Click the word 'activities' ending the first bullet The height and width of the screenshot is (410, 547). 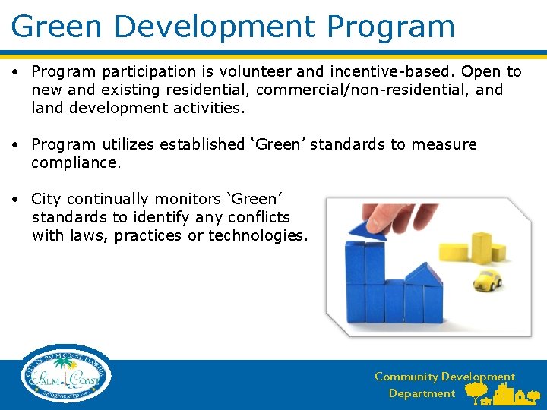click(x=206, y=108)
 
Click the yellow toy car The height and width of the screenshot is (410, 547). click(x=487, y=279)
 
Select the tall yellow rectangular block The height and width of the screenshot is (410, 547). click(x=482, y=246)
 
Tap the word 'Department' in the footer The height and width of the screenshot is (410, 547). click(x=422, y=393)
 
